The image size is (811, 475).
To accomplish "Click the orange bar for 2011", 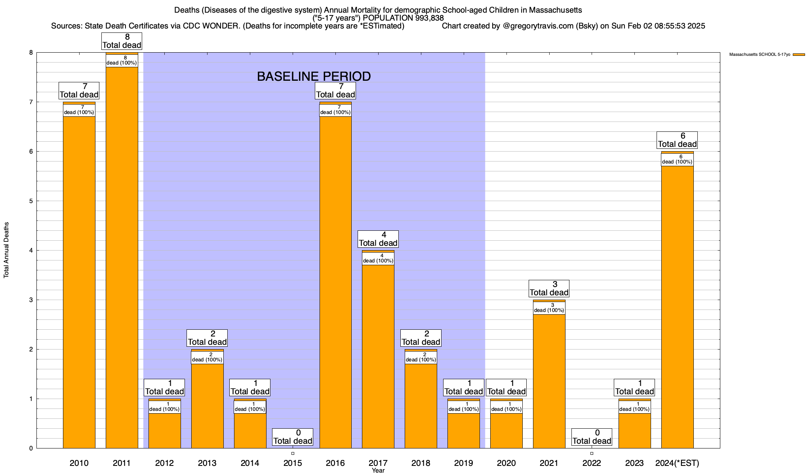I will coord(122,257).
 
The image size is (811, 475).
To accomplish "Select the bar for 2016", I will coord(335,281).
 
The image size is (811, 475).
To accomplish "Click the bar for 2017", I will coord(378,356).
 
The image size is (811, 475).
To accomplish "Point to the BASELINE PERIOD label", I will coord(314,76).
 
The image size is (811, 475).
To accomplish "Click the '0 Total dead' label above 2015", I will coord(293,437).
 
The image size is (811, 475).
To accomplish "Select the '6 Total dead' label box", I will coord(677,140).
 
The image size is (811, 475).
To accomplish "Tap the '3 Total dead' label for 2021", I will coord(549,289).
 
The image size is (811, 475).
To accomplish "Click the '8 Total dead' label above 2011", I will coord(122,41).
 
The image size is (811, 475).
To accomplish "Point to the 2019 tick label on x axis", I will coord(463,463).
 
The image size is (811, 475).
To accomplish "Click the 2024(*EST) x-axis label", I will coord(677,463).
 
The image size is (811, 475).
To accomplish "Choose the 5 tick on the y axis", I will coord(30,201).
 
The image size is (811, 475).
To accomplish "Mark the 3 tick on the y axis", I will coord(30,300).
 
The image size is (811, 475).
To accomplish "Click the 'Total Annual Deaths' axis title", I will coord(6,250).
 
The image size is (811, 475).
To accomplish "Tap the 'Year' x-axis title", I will coord(378,471).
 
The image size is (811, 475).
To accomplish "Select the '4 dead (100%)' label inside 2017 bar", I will coord(378,258).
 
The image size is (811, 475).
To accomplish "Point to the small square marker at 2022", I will coord(592,453).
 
